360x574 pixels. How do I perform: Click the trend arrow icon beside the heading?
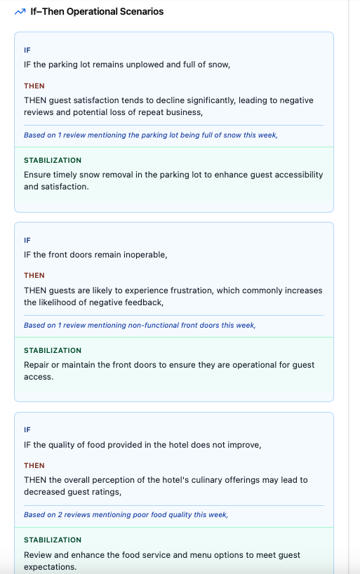coord(20,12)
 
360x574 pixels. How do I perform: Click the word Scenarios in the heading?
coord(140,12)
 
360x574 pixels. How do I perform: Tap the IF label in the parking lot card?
coord(27,51)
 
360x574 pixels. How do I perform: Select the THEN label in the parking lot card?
coord(34,86)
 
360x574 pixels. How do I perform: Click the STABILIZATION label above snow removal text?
coord(53,160)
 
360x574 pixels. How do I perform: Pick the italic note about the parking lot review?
coord(151,135)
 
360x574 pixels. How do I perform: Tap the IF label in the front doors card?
coord(27,240)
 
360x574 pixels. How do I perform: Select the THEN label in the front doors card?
coord(34,276)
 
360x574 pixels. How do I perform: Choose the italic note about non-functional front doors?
coord(140,325)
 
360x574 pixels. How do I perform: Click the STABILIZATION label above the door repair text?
coord(53,350)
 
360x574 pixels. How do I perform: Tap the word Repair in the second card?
coord(37,365)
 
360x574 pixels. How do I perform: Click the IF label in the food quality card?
coord(27,430)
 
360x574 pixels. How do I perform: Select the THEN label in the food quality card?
coord(34,465)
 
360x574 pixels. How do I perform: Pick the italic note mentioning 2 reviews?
coord(126,514)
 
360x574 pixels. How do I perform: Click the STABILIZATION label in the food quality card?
coord(53,540)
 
